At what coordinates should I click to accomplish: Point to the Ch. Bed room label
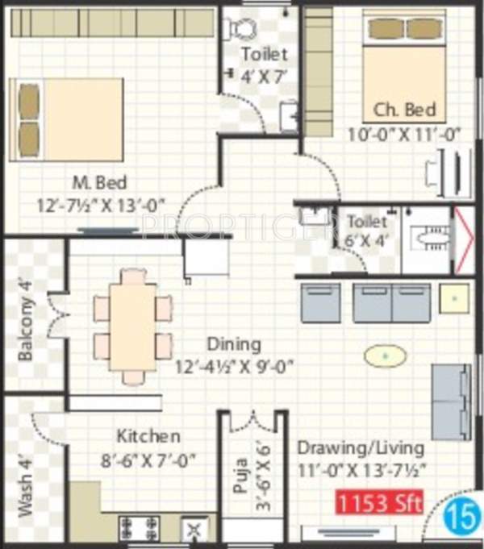pyautogui.click(x=404, y=110)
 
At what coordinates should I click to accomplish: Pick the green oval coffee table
pyautogui.click(x=384, y=355)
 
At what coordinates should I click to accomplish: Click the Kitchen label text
pyautogui.click(x=148, y=436)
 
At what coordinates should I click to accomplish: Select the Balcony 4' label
pyautogui.click(x=27, y=330)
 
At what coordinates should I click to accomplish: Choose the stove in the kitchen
pyautogui.click(x=137, y=529)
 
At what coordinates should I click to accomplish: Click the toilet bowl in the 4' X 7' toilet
pyautogui.click(x=240, y=28)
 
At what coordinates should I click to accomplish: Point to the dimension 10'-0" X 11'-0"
pyautogui.click(x=403, y=134)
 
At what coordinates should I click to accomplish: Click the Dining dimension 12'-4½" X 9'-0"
pyautogui.click(x=234, y=367)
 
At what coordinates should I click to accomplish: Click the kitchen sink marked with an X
pyautogui.click(x=194, y=530)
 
